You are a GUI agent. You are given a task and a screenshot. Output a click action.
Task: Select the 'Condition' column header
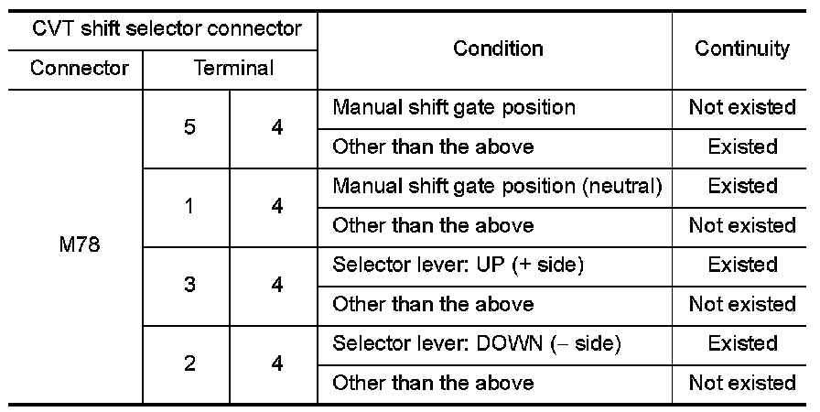coord(498,49)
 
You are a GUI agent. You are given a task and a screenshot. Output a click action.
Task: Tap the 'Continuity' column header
coord(741,49)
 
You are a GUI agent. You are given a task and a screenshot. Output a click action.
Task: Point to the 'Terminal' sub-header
coord(232,69)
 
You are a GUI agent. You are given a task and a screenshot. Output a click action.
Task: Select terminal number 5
coord(189,127)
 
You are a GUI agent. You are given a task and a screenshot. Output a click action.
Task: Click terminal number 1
coord(189,206)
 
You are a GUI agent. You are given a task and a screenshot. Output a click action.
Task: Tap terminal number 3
coord(189,285)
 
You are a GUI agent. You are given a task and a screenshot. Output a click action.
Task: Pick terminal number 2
coord(189,363)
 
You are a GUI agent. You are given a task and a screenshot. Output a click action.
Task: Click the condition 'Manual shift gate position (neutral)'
coord(497,186)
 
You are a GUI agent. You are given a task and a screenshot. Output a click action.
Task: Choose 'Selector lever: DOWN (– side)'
coord(477,343)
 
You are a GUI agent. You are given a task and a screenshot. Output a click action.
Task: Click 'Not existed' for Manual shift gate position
coord(742,107)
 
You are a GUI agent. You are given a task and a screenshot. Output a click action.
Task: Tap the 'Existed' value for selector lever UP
coord(742,265)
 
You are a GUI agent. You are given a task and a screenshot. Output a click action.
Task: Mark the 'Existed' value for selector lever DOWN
coord(742,343)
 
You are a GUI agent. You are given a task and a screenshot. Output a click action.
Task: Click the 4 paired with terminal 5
coord(276,127)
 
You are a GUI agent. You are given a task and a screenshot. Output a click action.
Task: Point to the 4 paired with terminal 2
coord(276,363)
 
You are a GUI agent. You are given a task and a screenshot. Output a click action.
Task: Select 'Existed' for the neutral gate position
coord(742,186)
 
